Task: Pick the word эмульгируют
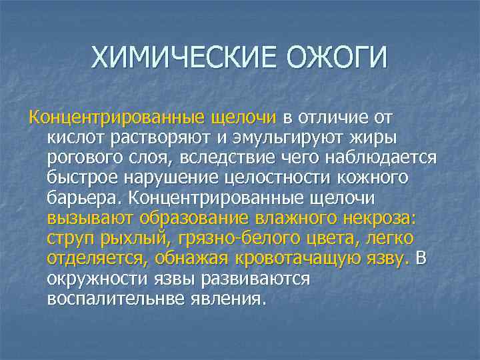pyautogui.click(x=283, y=139)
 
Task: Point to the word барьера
pyautogui.click(x=83, y=199)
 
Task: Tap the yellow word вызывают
pyautogui.click(x=87, y=219)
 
